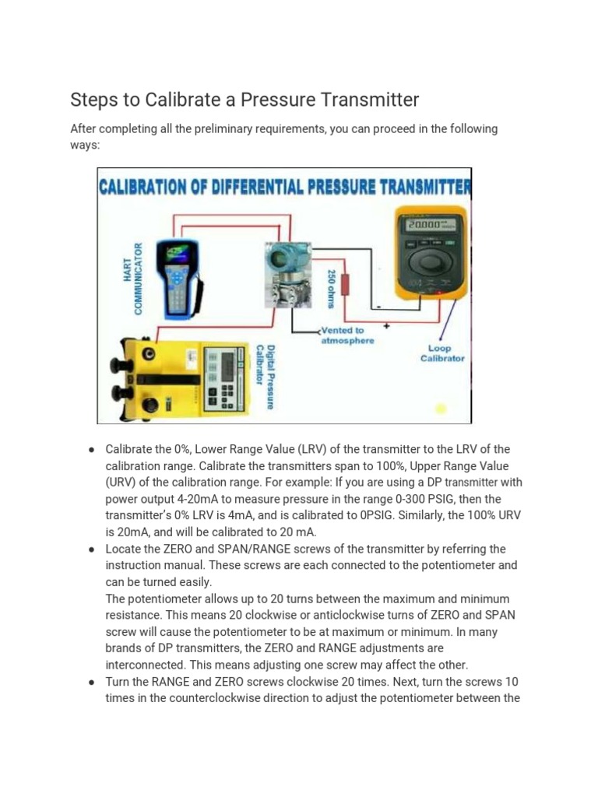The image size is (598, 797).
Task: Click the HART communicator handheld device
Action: (178, 276)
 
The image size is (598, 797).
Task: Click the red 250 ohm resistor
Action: (345, 284)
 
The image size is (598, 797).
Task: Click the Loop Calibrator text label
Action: (442, 353)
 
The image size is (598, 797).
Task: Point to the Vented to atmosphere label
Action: (347, 335)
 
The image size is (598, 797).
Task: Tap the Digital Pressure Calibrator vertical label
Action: (266, 377)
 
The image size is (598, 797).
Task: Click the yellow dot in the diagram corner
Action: (441, 409)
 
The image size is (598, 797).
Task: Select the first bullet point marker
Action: (92, 450)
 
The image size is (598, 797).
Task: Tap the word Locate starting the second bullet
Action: (124, 549)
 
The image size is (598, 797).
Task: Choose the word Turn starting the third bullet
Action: (119, 682)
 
